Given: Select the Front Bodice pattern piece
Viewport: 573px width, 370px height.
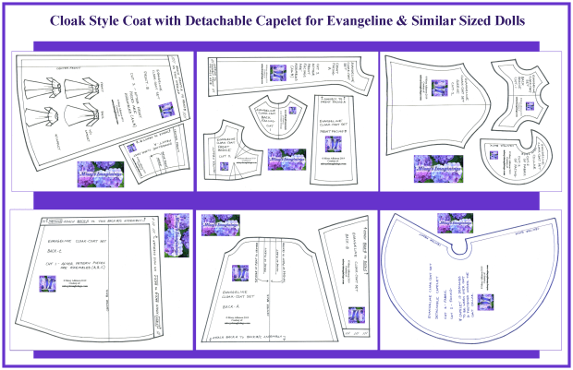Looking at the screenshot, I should coord(237,151).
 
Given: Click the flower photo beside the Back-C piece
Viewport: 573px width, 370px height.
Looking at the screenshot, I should coord(176,230).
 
